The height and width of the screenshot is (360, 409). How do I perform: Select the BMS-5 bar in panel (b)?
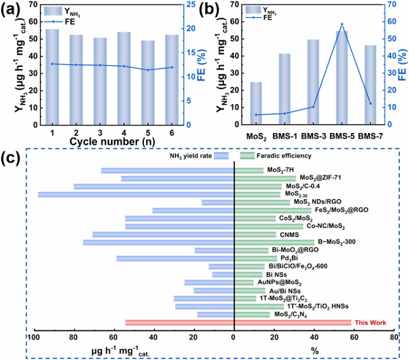(342, 78)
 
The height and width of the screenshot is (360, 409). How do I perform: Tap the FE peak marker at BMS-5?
(342, 24)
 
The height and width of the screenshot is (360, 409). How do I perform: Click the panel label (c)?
(12, 159)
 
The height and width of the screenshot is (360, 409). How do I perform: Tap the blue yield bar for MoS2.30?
(136, 194)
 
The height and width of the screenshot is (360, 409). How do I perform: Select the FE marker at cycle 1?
(52, 64)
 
